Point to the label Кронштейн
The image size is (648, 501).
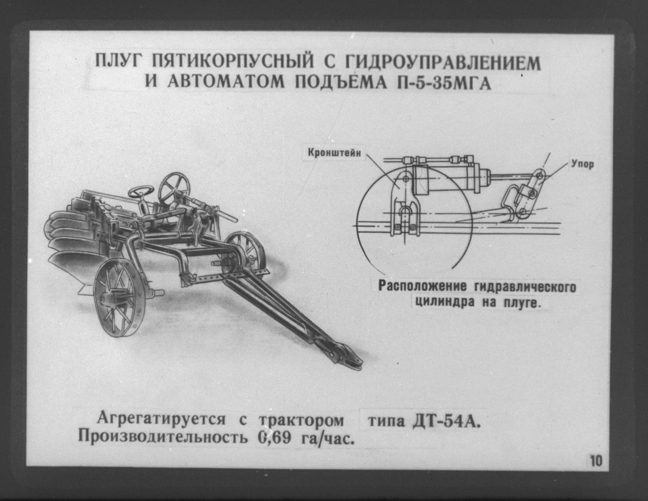point(334,153)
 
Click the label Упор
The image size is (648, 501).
point(582,164)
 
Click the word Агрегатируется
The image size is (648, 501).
point(161,419)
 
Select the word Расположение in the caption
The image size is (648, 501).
point(422,287)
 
